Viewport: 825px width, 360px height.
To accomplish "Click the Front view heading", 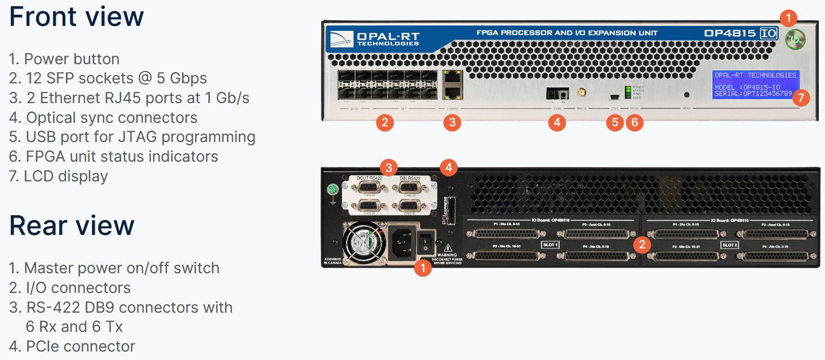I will click(77, 17).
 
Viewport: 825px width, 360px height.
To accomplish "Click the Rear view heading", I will click(72, 225).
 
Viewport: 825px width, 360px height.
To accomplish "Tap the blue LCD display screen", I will click(755, 85).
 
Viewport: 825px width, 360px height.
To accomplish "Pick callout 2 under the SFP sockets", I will click(385, 122).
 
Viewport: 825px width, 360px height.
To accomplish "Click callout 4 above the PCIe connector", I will click(449, 167).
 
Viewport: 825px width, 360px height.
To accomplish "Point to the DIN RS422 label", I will click(411, 179).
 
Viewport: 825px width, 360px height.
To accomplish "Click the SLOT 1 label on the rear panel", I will click(550, 245).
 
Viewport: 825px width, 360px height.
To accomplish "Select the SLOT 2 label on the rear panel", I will click(730, 245).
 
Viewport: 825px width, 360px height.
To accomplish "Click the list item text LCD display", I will click(65, 176).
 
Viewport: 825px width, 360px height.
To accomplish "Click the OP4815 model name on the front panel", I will click(730, 33).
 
